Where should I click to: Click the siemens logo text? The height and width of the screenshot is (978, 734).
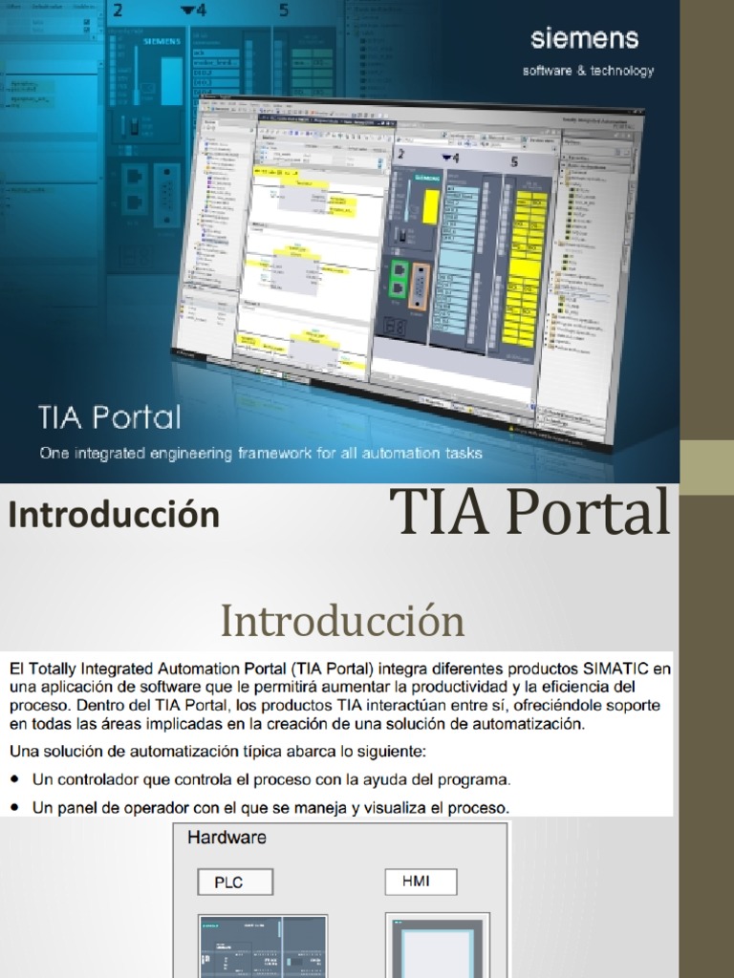pyautogui.click(x=585, y=39)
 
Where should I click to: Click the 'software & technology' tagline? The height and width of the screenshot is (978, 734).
pyautogui.click(x=588, y=71)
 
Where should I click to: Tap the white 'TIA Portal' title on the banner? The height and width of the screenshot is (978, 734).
pyautogui.click(x=109, y=416)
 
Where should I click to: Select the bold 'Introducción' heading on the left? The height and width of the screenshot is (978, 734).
pyautogui.click(x=114, y=515)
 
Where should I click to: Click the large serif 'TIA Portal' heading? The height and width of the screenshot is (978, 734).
pyautogui.click(x=532, y=512)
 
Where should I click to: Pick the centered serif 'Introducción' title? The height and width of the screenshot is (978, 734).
pyautogui.click(x=342, y=621)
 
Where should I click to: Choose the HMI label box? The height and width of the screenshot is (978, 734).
pyautogui.click(x=421, y=881)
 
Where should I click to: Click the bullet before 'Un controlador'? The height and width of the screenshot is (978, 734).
pyautogui.click(x=16, y=779)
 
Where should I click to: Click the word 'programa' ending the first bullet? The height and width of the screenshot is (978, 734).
pyautogui.click(x=477, y=779)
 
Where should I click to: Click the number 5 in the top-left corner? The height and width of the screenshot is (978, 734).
pyautogui.click(x=284, y=11)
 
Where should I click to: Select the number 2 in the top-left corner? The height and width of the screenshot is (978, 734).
pyautogui.click(x=119, y=11)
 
